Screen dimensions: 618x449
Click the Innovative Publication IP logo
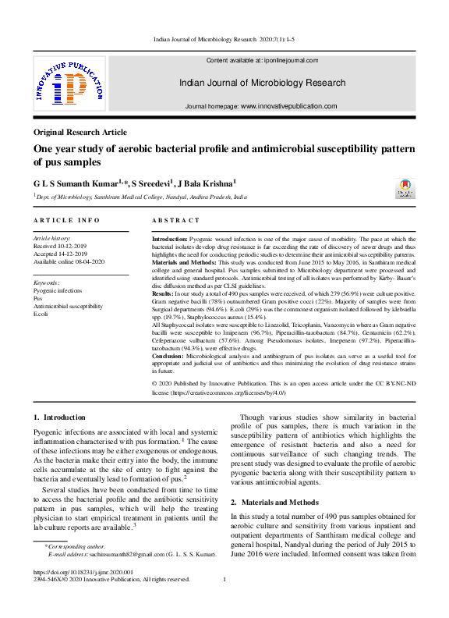pos(69,84)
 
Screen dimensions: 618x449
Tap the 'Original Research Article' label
pos(80,133)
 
